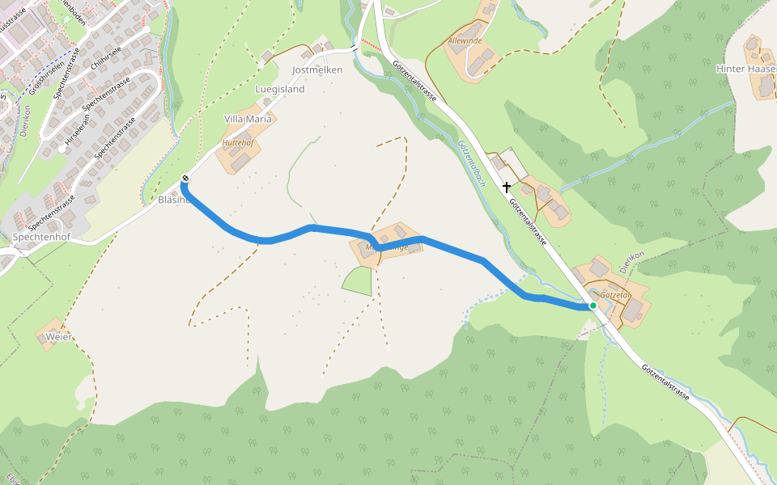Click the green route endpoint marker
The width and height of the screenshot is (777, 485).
tap(593, 306)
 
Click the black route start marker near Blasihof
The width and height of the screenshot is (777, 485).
tap(185, 179)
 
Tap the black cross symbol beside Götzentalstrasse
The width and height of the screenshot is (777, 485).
tap(507, 188)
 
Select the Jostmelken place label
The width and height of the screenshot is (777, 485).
tap(317, 70)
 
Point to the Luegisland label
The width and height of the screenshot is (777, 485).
tap(279, 90)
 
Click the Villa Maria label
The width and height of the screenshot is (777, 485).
tap(248, 120)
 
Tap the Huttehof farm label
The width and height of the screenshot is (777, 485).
tap(238, 143)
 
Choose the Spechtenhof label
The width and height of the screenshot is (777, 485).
tap(41, 238)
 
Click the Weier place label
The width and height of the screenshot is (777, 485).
tap(58, 336)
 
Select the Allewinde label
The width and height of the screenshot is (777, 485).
tap(465, 40)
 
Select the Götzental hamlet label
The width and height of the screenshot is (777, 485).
tap(614, 296)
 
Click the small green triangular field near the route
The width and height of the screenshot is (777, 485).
tap(359, 280)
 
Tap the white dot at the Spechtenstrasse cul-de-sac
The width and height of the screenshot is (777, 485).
tap(62, 149)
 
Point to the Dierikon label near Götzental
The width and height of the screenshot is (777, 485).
tap(631, 261)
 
